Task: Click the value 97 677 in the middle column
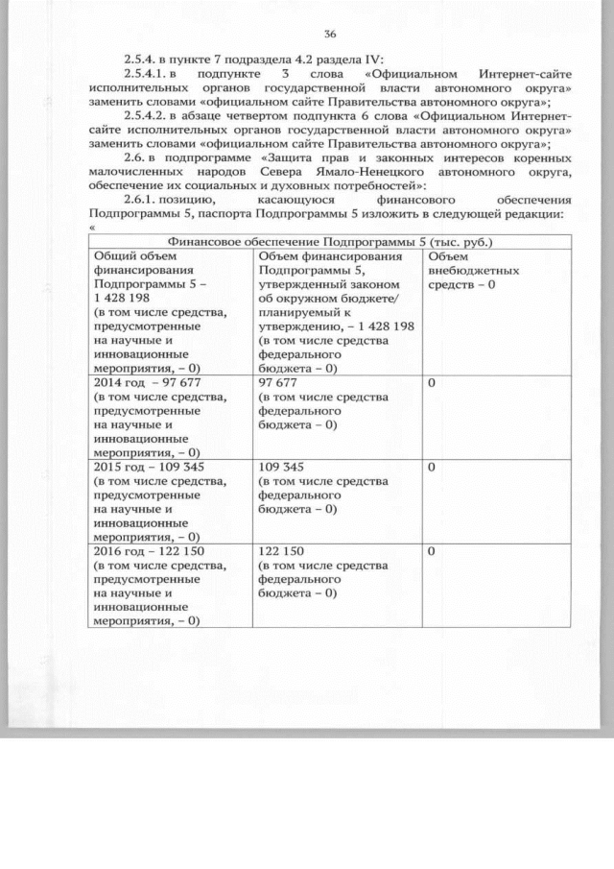coord(278,383)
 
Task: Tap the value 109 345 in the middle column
coord(282,468)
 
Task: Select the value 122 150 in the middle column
coord(282,552)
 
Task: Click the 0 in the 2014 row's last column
coord(432,383)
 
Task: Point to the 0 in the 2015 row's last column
coord(432,468)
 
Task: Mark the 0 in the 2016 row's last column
coord(432,552)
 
